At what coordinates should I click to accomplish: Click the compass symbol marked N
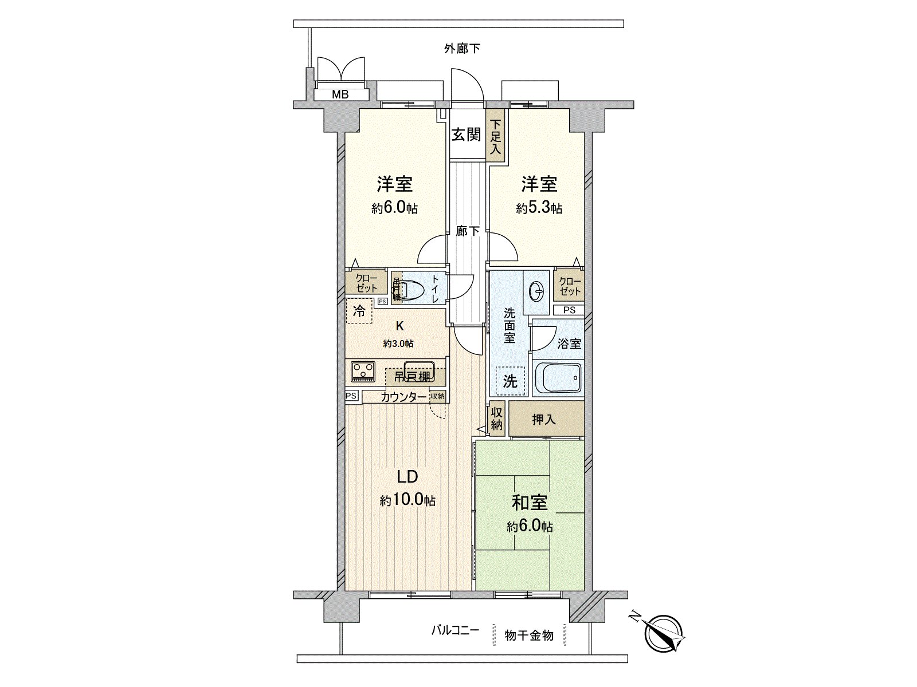pos(664,633)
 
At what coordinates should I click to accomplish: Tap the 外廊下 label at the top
pos(462,49)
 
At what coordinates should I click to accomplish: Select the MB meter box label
pos(340,95)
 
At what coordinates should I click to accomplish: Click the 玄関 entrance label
pos(466,135)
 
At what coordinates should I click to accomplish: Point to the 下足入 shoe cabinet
pos(496,137)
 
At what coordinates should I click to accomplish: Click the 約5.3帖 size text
pos(539,208)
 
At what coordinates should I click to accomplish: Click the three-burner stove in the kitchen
pos(363,371)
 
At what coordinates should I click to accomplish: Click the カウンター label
pos(403,397)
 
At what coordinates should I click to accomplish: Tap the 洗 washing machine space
pos(510,381)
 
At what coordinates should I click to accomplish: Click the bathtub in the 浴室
pos(557,378)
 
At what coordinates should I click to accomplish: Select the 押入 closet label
pos(544,420)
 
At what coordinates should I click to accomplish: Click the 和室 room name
pos(530,503)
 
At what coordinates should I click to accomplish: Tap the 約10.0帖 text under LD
pos(407,500)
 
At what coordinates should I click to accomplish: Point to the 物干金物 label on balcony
pos(529,635)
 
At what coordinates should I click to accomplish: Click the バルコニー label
pos(455,631)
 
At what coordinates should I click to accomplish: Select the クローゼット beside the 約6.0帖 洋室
pos(366,284)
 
